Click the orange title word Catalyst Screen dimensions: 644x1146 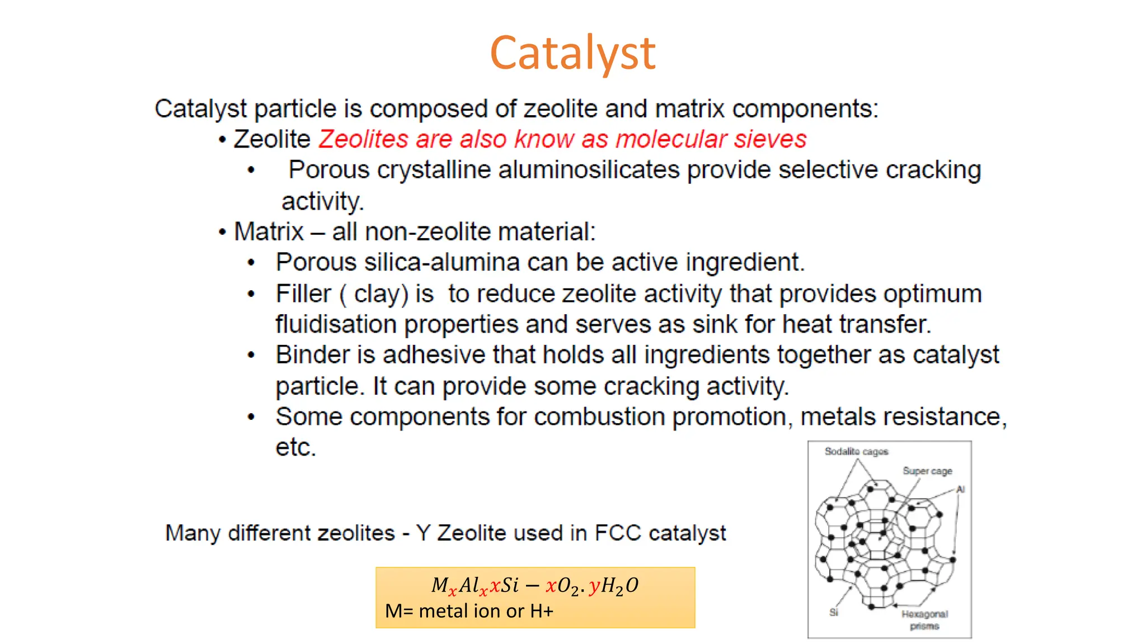(x=572, y=53)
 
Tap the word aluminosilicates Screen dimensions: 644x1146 (x=589, y=170)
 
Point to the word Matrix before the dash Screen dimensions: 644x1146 (x=269, y=231)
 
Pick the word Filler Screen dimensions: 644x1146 (x=303, y=293)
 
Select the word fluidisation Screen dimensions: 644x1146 (x=336, y=324)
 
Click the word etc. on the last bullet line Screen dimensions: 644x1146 (x=295, y=448)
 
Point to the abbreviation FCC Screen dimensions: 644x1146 (x=618, y=533)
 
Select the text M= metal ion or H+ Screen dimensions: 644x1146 (x=469, y=611)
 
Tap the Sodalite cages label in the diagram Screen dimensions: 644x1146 (x=856, y=452)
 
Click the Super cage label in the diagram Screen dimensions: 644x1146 (x=927, y=471)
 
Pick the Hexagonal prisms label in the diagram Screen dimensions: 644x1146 (x=924, y=620)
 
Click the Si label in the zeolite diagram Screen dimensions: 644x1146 (x=834, y=613)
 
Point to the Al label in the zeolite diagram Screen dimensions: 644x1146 (x=960, y=490)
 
